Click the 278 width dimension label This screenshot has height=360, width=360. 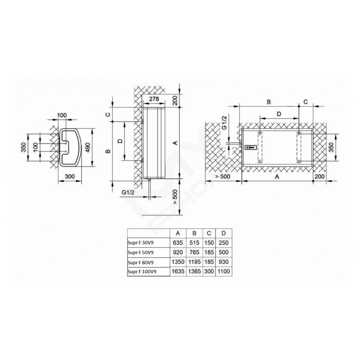(x=154, y=99)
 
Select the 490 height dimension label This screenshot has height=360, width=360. (x=88, y=147)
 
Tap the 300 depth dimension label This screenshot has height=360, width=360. (x=70, y=176)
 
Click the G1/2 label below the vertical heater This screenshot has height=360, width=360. (x=128, y=192)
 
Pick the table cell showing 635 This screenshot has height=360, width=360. (x=178, y=243)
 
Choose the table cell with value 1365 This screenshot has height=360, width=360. (x=194, y=271)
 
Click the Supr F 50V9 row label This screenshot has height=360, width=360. (x=140, y=253)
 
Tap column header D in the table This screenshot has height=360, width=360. (x=224, y=233)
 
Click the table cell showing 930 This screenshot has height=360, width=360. (x=224, y=262)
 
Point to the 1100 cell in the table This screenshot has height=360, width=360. (x=224, y=271)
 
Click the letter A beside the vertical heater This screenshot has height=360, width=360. (x=175, y=143)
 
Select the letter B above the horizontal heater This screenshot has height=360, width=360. (x=269, y=102)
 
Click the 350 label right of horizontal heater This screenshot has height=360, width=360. (x=331, y=147)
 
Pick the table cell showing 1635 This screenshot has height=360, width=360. (x=178, y=271)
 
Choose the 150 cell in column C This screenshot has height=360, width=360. (x=209, y=243)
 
